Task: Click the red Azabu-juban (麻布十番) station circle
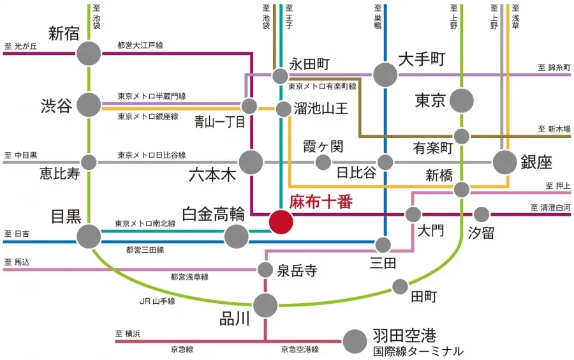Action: (281, 222)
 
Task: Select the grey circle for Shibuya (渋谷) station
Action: (89, 104)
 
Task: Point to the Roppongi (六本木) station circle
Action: (251, 162)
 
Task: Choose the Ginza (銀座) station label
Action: (540, 161)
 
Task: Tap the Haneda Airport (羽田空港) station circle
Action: (355, 341)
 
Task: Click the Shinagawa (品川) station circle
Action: (265, 305)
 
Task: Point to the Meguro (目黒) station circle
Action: (89, 237)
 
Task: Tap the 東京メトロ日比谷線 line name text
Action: (151, 155)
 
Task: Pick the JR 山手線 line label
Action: (157, 300)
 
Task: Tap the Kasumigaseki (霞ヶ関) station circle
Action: (323, 162)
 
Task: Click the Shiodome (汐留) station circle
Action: (482, 214)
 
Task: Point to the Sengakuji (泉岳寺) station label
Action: (297, 270)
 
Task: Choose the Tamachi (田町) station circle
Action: (401, 286)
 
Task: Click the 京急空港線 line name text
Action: (300, 350)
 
